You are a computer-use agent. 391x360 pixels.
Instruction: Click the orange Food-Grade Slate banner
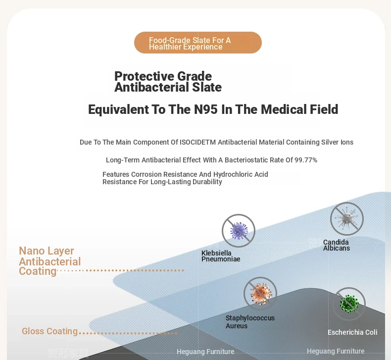click(x=198, y=43)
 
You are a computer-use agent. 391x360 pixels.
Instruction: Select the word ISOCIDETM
click(x=198, y=142)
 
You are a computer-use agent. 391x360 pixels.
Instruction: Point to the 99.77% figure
click(x=306, y=160)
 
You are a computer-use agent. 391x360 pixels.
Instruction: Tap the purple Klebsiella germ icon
click(x=239, y=231)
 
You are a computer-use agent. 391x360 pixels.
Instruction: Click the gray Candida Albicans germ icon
click(x=347, y=219)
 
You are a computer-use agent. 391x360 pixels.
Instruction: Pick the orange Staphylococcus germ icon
click(x=260, y=294)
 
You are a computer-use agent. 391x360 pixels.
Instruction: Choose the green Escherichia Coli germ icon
click(x=349, y=304)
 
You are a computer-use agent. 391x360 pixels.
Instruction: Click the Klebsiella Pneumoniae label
click(x=221, y=256)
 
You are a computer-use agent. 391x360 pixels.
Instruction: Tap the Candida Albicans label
click(x=337, y=245)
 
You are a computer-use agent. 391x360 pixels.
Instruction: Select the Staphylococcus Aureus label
click(x=250, y=322)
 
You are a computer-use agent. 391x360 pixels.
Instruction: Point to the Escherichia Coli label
click(x=352, y=332)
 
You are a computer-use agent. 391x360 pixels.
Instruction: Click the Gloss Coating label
click(x=50, y=331)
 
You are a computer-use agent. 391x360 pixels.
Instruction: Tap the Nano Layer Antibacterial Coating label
click(x=50, y=261)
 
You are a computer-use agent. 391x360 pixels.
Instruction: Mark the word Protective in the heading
click(x=141, y=76)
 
